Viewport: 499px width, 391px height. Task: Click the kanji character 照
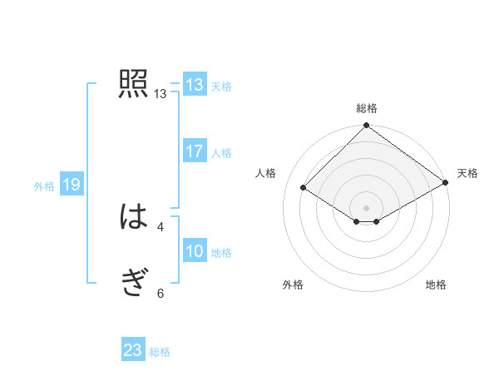tap(133, 85)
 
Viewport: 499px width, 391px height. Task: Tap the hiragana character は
tap(133, 218)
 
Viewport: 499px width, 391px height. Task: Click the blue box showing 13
tap(195, 85)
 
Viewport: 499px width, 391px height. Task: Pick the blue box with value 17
tap(195, 151)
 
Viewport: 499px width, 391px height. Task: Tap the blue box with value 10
tap(195, 251)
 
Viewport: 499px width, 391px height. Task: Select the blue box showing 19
tap(72, 185)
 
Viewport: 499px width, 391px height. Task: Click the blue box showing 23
tap(133, 350)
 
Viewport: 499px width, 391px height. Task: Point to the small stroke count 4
tap(161, 226)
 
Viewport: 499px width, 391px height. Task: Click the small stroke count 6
tap(161, 293)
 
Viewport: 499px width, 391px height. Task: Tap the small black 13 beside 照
tap(161, 94)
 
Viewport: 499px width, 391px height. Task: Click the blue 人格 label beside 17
tap(221, 152)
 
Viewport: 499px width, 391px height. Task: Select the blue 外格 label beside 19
tap(44, 186)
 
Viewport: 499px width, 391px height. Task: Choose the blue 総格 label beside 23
tap(160, 352)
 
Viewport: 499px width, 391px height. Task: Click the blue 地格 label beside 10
tap(221, 252)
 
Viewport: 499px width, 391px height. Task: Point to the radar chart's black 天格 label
tap(467, 173)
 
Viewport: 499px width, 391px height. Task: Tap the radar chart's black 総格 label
tap(367, 108)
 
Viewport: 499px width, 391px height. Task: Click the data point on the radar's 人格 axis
tap(304, 188)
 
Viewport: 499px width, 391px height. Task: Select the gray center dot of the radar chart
tap(367, 207)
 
